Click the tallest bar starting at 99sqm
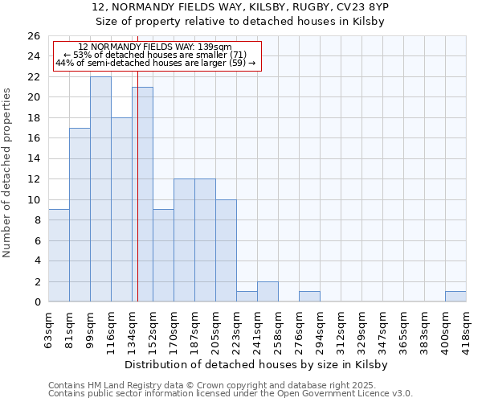(x=100, y=189)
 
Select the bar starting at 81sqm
(x=80, y=215)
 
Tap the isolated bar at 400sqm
(x=455, y=297)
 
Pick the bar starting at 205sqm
(x=226, y=251)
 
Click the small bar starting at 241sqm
(x=268, y=292)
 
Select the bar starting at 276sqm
(x=309, y=297)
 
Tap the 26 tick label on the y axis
(x=33, y=36)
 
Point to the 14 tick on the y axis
(x=33, y=159)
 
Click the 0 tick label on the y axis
(x=36, y=302)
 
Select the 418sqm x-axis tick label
(x=467, y=329)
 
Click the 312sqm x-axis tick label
(x=341, y=329)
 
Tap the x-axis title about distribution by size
(x=256, y=364)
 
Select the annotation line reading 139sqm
(x=156, y=47)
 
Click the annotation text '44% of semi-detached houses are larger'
(x=156, y=63)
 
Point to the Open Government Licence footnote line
(x=231, y=394)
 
